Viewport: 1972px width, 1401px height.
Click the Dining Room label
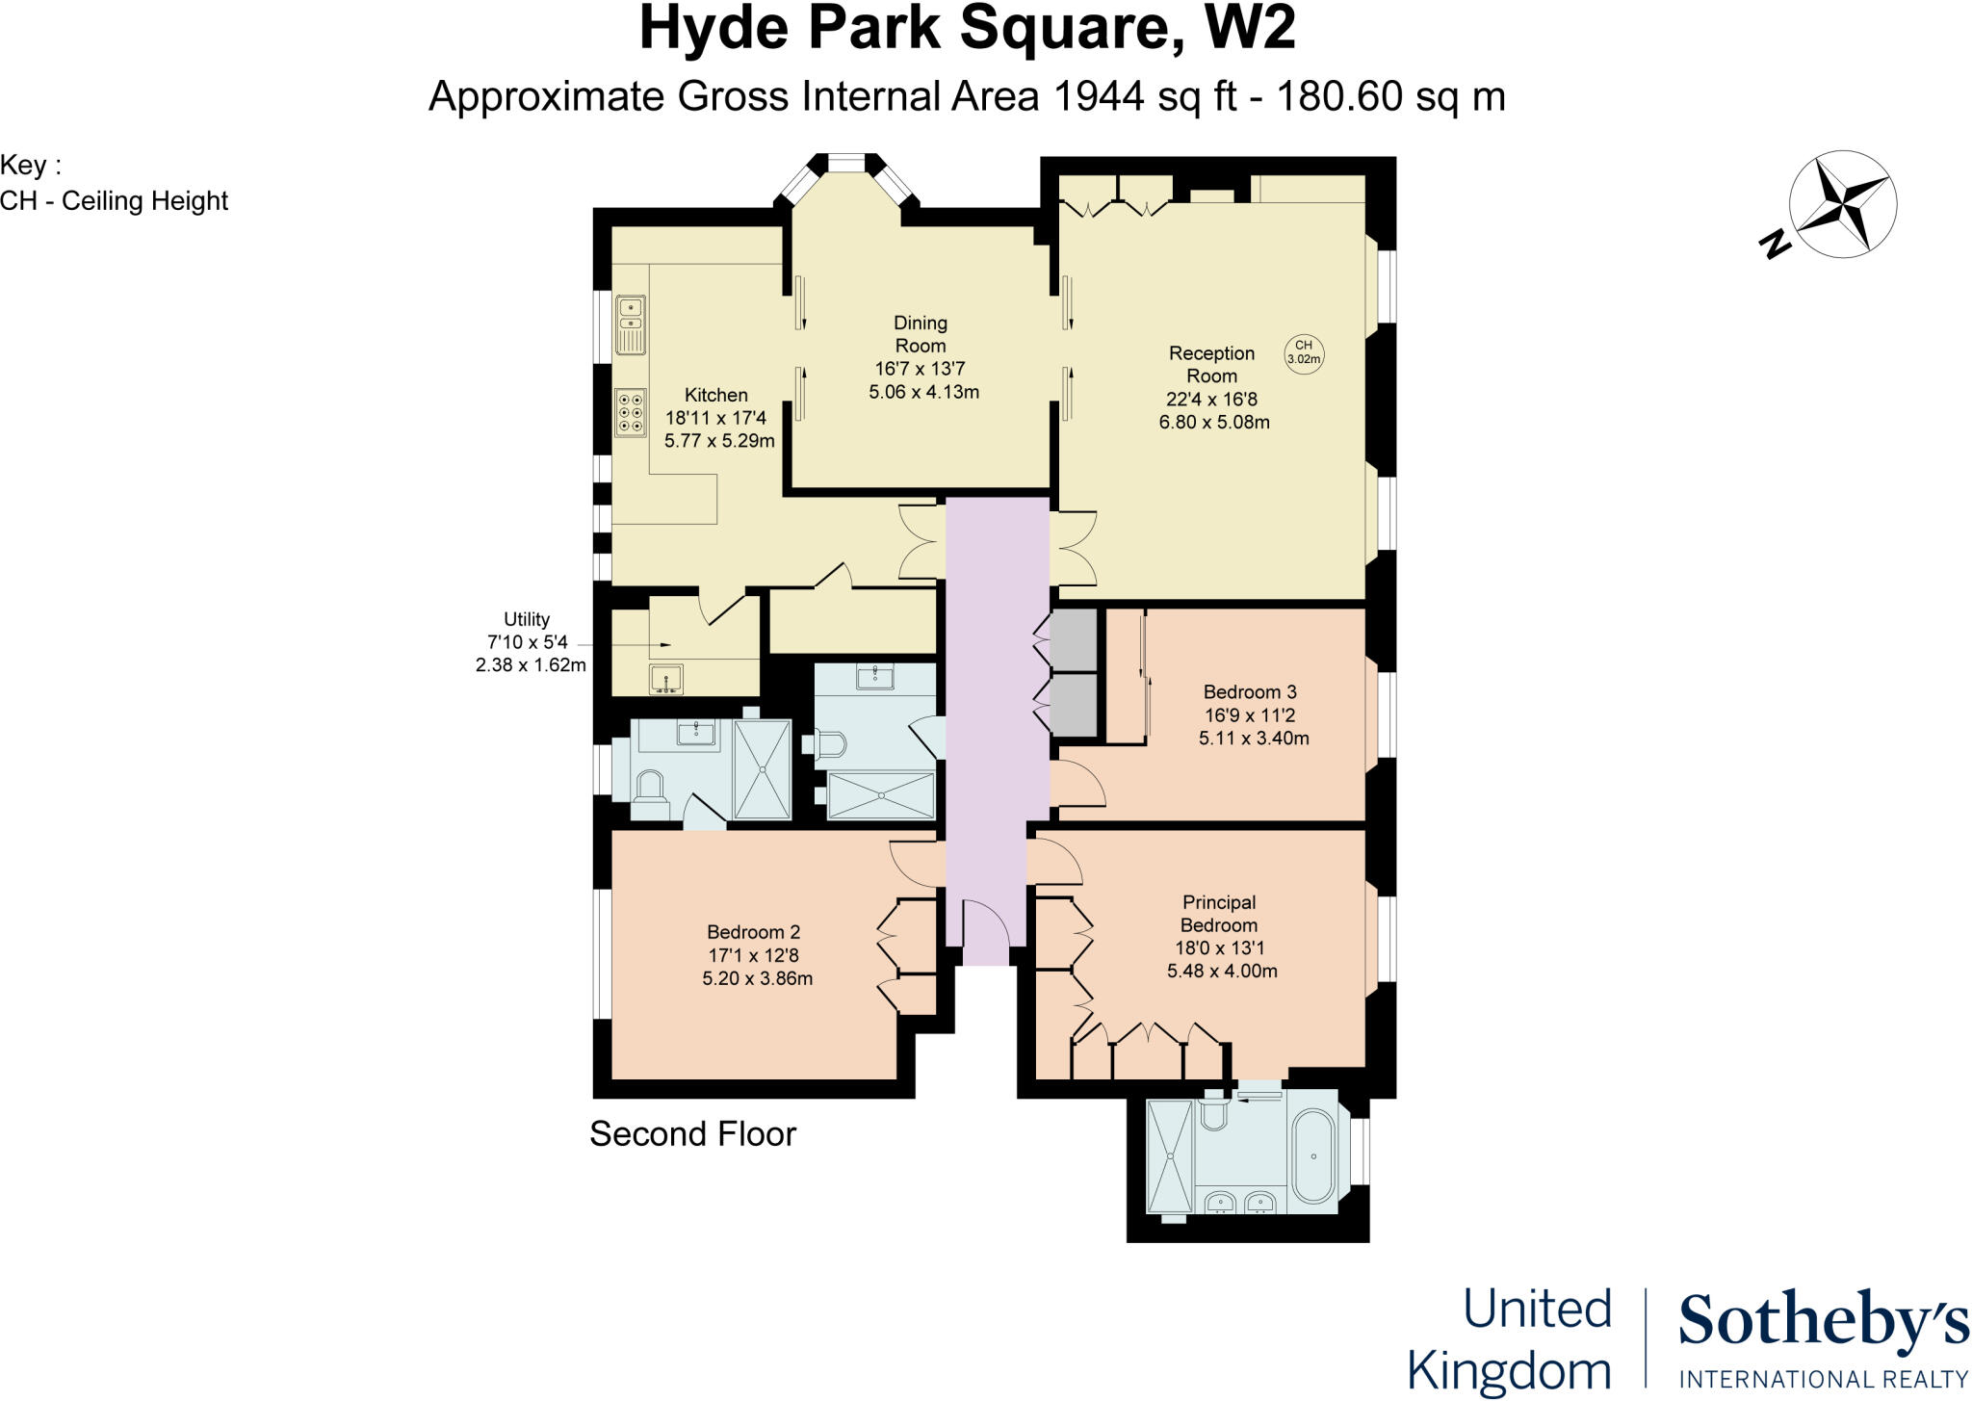coord(921,334)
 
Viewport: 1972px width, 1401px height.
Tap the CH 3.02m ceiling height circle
coord(1304,352)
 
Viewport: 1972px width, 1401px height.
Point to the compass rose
coord(1841,204)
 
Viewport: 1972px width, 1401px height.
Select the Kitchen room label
coord(715,395)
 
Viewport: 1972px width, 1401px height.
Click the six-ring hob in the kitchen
coord(632,412)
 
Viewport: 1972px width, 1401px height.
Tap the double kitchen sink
coord(631,324)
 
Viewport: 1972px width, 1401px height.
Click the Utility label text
coord(527,619)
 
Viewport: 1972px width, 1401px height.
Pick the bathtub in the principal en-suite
coord(1313,1155)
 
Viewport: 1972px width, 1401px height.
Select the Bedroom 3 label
coord(1250,691)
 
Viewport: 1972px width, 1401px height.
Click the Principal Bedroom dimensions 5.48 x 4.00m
coord(1222,971)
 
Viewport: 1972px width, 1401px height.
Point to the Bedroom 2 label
coord(753,932)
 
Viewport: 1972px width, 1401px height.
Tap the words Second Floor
coord(692,1133)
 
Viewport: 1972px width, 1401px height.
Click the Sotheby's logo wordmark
coord(1823,1321)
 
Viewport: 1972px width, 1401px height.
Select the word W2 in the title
coord(1249,29)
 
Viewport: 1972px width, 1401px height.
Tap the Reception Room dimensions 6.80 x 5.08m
coord(1214,422)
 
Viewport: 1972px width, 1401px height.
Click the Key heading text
coord(30,165)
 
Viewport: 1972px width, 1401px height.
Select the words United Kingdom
coord(1509,1339)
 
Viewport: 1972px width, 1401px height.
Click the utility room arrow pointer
coord(659,644)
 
